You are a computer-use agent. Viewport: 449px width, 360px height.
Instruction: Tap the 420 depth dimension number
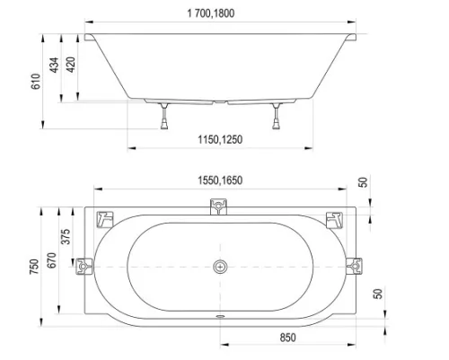(80, 66)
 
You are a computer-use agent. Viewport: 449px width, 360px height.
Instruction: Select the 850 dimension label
(286, 338)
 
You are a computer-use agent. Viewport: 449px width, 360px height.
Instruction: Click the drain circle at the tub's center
(221, 267)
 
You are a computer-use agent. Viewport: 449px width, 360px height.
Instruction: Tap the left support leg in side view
(167, 116)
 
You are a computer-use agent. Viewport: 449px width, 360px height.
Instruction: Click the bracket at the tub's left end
(86, 267)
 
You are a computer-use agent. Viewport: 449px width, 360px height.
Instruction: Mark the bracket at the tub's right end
(357, 267)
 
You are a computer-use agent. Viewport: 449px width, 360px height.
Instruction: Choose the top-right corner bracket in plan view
(336, 217)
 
